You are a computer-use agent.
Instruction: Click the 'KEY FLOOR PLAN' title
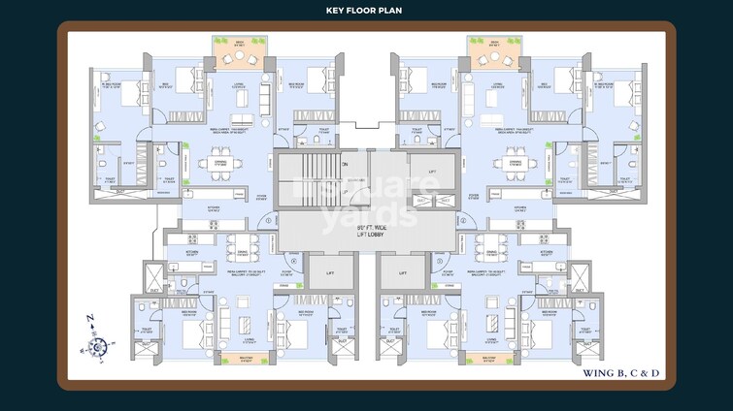[x=366, y=11]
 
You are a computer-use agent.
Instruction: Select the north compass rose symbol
[x=97, y=343]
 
